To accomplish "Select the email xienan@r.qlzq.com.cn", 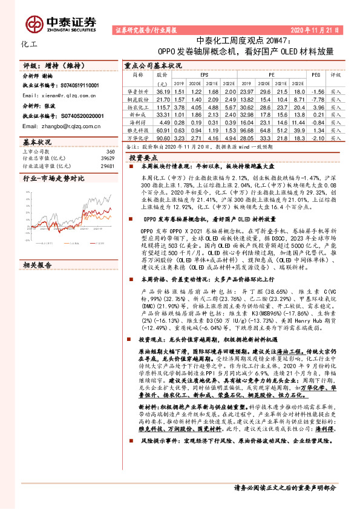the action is click(57, 96).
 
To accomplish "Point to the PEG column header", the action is click(315, 74).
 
